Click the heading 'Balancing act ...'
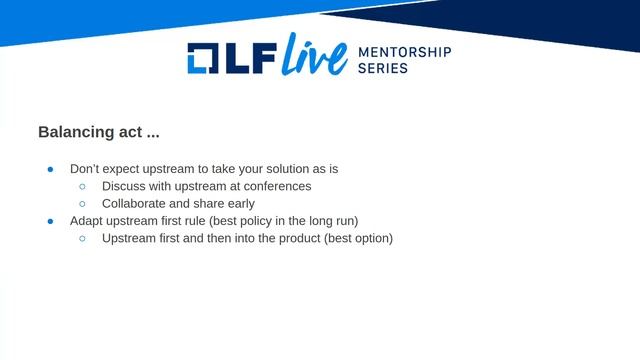(x=98, y=132)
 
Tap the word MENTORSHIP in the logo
(x=405, y=52)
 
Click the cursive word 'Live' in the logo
(x=314, y=57)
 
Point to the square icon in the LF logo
(x=204, y=59)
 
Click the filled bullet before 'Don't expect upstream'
(x=50, y=169)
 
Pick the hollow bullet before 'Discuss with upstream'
(x=82, y=186)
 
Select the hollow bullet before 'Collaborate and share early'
(x=82, y=204)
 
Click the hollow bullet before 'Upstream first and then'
(x=82, y=239)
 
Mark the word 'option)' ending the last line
(x=371, y=239)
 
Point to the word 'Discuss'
(x=125, y=186)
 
